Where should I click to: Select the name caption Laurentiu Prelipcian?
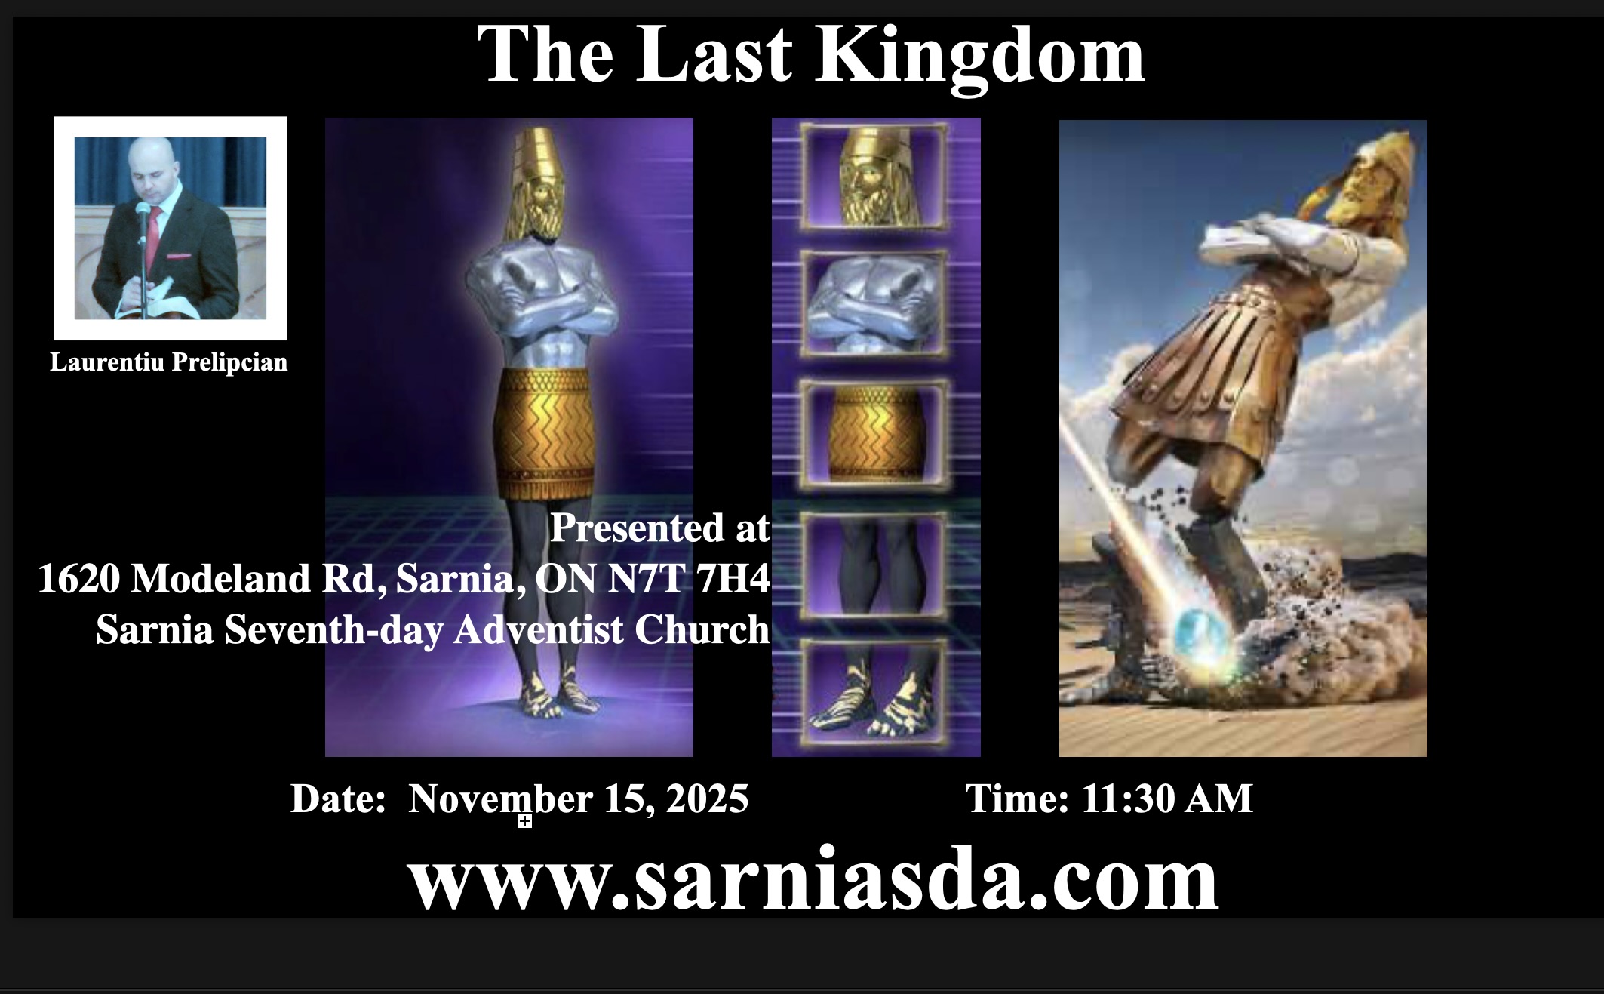coord(169,362)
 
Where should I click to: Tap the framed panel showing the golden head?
coord(874,177)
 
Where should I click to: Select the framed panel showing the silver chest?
coord(874,303)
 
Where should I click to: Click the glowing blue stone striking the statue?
coord(1204,635)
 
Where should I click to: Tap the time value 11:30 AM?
coord(1167,799)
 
